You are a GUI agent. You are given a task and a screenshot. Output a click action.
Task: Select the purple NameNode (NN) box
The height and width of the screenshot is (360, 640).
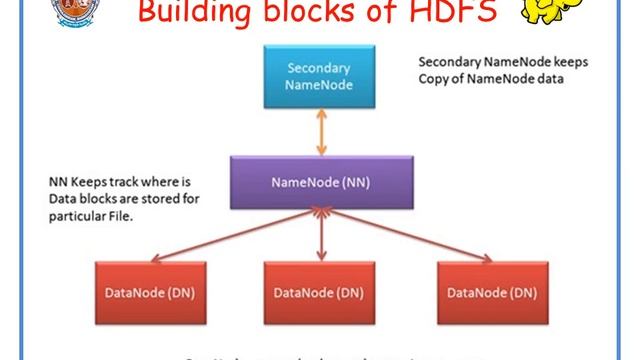(x=317, y=182)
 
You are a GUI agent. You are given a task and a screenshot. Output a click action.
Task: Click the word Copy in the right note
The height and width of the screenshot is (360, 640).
(x=434, y=78)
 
